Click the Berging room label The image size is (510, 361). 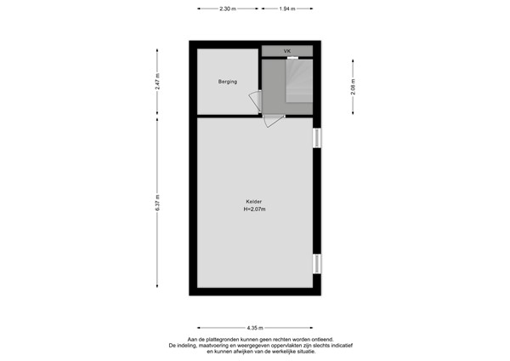[227, 82]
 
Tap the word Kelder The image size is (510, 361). [252, 203]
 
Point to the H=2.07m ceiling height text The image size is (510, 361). [253, 209]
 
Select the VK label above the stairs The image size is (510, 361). [287, 51]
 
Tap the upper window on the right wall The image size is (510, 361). [316, 138]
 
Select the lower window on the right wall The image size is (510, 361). [316, 265]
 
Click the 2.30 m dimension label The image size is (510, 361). [226, 9]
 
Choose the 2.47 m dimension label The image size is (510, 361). [158, 81]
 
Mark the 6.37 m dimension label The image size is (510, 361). [158, 203]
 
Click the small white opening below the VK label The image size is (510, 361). [292, 58]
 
